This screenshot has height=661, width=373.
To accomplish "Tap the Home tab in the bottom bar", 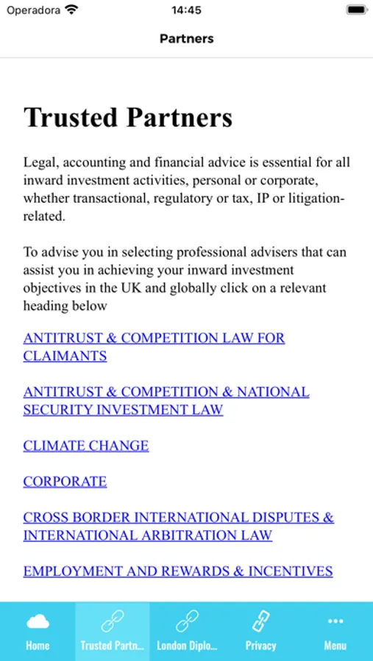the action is pyautogui.click(x=38, y=632).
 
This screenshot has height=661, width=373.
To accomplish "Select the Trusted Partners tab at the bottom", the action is pyautogui.click(x=112, y=632).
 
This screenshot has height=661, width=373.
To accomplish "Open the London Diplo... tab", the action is pyautogui.click(x=187, y=632).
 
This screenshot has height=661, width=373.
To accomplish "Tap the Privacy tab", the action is pyautogui.click(x=260, y=632).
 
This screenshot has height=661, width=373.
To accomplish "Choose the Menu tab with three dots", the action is pyautogui.click(x=335, y=632).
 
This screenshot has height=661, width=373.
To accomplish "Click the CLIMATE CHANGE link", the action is pyautogui.click(x=86, y=446).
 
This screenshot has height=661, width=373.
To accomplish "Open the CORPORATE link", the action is pyautogui.click(x=65, y=482).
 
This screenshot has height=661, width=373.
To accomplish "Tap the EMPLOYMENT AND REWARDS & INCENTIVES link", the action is pyautogui.click(x=178, y=571).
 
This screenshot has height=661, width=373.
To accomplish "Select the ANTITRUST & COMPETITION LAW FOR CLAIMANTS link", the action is pyautogui.click(x=154, y=347).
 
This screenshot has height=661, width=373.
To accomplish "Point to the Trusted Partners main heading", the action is pyautogui.click(x=128, y=118).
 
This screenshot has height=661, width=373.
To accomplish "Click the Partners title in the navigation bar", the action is pyautogui.click(x=186, y=38).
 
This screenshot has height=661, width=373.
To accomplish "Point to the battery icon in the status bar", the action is pyautogui.click(x=356, y=10).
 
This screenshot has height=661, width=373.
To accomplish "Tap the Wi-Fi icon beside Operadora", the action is pyautogui.click(x=71, y=10).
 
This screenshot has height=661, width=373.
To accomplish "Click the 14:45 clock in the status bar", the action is pyautogui.click(x=186, y=10).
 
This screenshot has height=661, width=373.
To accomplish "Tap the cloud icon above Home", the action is pyautogui.click(x=38, y=622).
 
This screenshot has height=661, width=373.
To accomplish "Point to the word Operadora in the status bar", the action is pyautogui.click(x=32, y=10).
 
